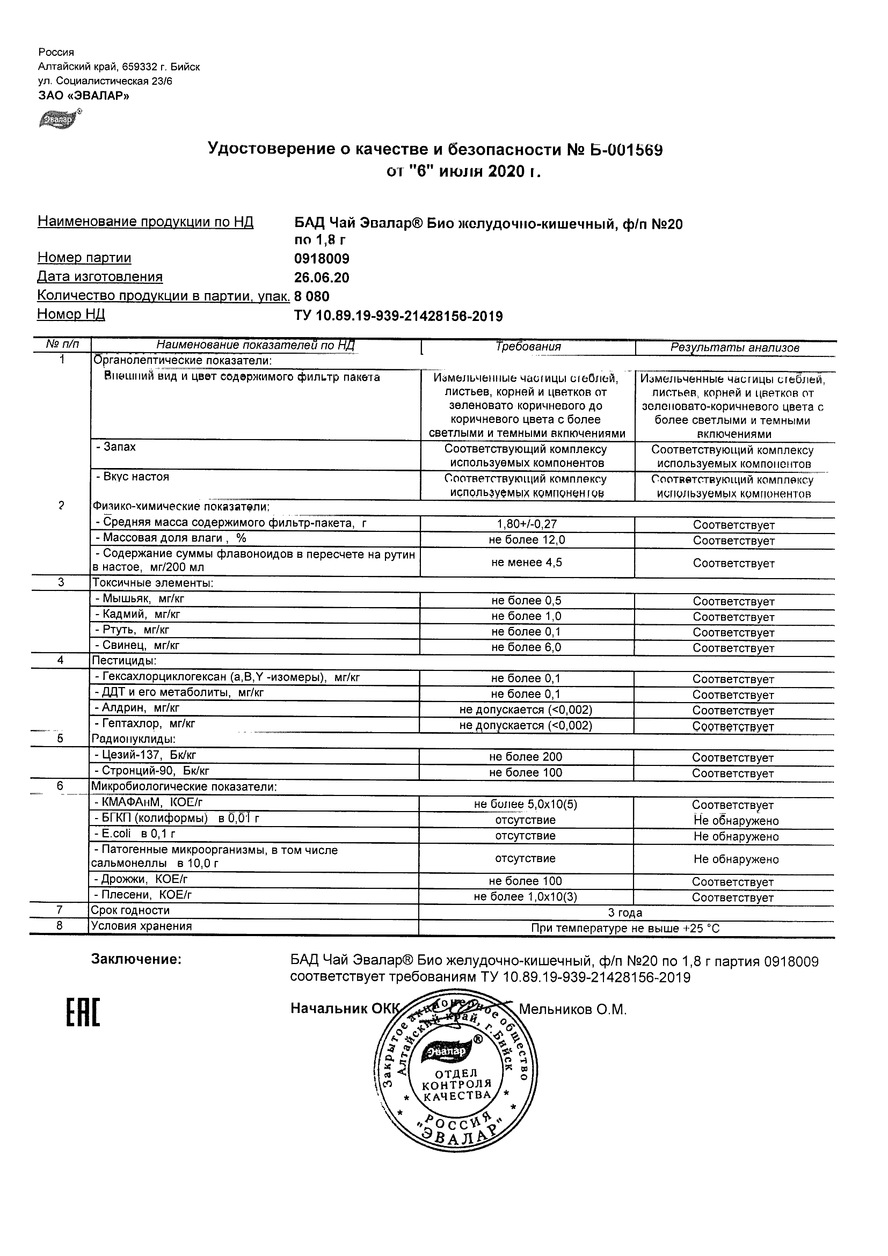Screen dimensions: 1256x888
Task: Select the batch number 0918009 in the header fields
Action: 322,258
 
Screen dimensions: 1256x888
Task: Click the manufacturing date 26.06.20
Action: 322,278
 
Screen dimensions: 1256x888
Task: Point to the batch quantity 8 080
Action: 312,296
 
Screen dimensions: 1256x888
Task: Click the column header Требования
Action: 528,346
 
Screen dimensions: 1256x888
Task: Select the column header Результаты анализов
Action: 735,347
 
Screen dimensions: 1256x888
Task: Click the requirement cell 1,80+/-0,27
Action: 527,523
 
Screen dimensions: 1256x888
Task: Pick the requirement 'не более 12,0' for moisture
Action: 527,540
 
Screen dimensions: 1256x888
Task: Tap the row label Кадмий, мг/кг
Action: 137,615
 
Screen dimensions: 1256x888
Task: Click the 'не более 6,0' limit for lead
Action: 526,647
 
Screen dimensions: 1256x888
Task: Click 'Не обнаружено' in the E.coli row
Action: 736,836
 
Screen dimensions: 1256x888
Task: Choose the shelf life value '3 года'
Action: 625,912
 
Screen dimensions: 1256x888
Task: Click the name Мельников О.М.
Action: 572,1009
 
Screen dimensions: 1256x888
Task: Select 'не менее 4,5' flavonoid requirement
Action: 526,563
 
